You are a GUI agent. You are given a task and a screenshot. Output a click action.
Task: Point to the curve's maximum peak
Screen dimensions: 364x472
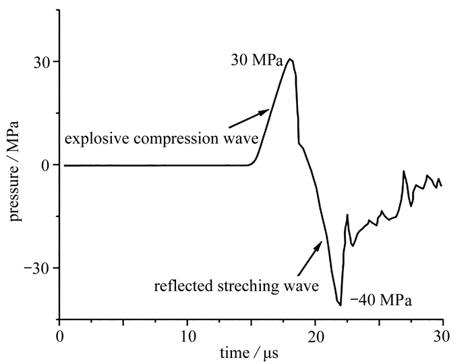point(290,59)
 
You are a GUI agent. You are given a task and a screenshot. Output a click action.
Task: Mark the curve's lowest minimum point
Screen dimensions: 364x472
point(341,305)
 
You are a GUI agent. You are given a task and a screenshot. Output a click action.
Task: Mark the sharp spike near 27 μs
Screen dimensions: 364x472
point(404,172)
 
